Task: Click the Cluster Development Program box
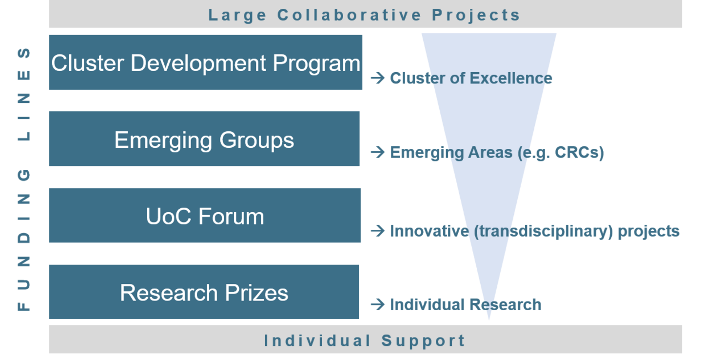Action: (x=206, y=62)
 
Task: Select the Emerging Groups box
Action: (x=204, y=139)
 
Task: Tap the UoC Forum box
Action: (x=205, y=216)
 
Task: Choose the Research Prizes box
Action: (x=204, y=292)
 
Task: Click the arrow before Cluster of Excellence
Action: (x=378, y=78)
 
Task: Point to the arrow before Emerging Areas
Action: (x=378, y=152)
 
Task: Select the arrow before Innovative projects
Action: (x=378, y=231)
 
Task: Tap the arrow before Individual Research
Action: (x=378, y=304)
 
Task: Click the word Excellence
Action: (x=511, y=78)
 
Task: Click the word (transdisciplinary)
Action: (x=543, y=232)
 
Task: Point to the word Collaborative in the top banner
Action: (x=350, y=15)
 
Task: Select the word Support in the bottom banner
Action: (x=423, y=341)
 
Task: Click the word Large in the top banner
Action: (x=237, y=16)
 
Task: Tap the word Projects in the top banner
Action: (x=476, y=16)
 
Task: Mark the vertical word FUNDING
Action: (x=24, y=240)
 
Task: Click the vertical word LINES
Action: (x=24, y=95)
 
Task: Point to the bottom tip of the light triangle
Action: (x=489, y=320)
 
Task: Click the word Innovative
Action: (x=429, y=231)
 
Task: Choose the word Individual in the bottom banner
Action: (x=317, y=340)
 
